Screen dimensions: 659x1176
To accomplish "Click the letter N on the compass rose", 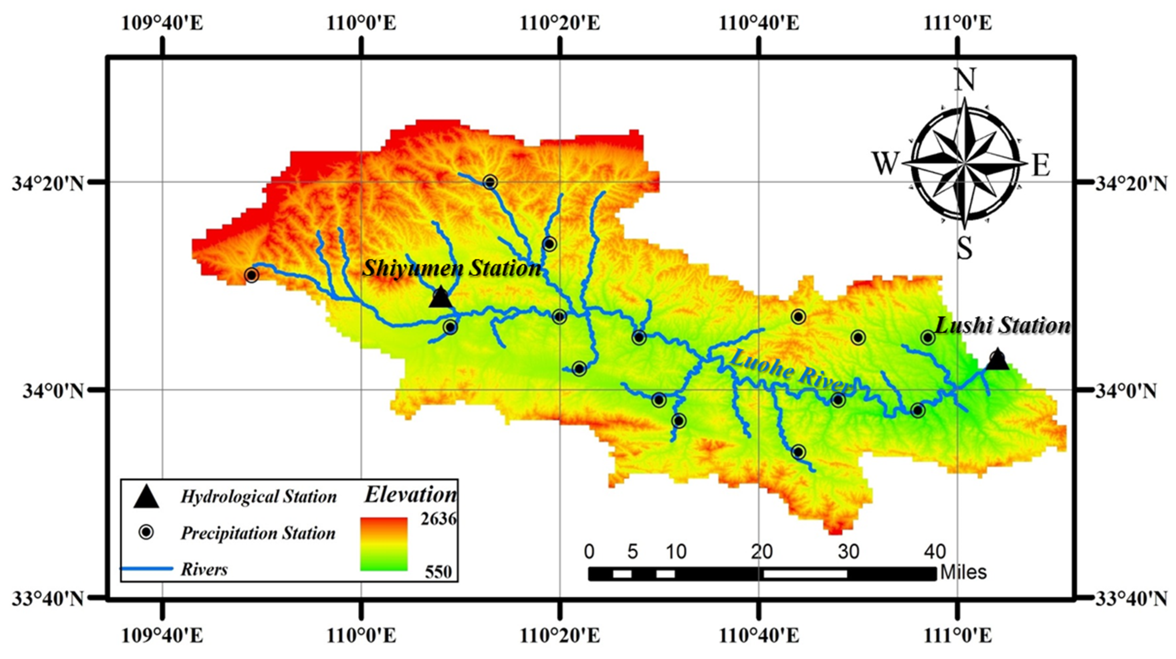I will pos(964,80).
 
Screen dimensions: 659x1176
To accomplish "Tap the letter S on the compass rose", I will pos(964,249).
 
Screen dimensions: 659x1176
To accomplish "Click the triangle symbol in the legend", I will pos(146,497).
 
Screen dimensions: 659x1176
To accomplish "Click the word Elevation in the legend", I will pos(410,495).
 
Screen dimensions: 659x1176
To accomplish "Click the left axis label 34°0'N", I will pos(53,391).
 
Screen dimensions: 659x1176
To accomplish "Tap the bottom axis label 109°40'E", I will pos(162,636).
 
